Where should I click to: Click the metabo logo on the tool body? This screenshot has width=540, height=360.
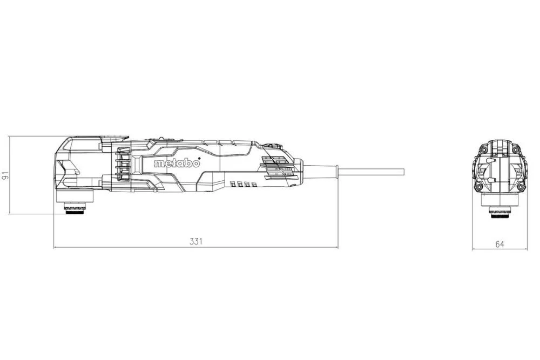(177, 162)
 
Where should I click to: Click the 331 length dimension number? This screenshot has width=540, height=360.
(195, 241)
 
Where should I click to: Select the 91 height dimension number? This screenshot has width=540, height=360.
(5, 175)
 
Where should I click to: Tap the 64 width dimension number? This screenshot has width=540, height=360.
(500, 244)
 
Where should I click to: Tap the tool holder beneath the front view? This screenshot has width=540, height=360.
(500, 210)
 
